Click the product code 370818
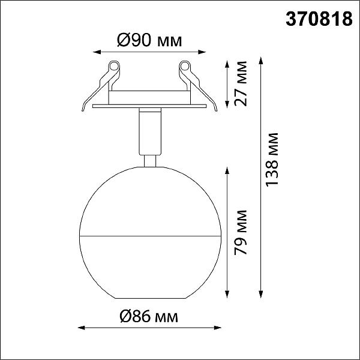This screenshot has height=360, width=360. [x=319, y=19]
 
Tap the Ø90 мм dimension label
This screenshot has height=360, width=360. [x=149, y=40]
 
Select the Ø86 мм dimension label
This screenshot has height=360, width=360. [x=149, y=316]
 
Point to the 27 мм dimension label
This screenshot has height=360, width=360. [x=241, y=83]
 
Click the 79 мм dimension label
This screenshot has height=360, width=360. [x=241, y=232]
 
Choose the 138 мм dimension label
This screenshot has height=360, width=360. [x=272, y=160]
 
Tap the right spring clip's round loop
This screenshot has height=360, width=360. [x=184, y=67]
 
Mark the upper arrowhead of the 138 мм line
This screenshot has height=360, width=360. [x=260, y=61]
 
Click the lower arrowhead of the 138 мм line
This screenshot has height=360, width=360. [x=260, y=294]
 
